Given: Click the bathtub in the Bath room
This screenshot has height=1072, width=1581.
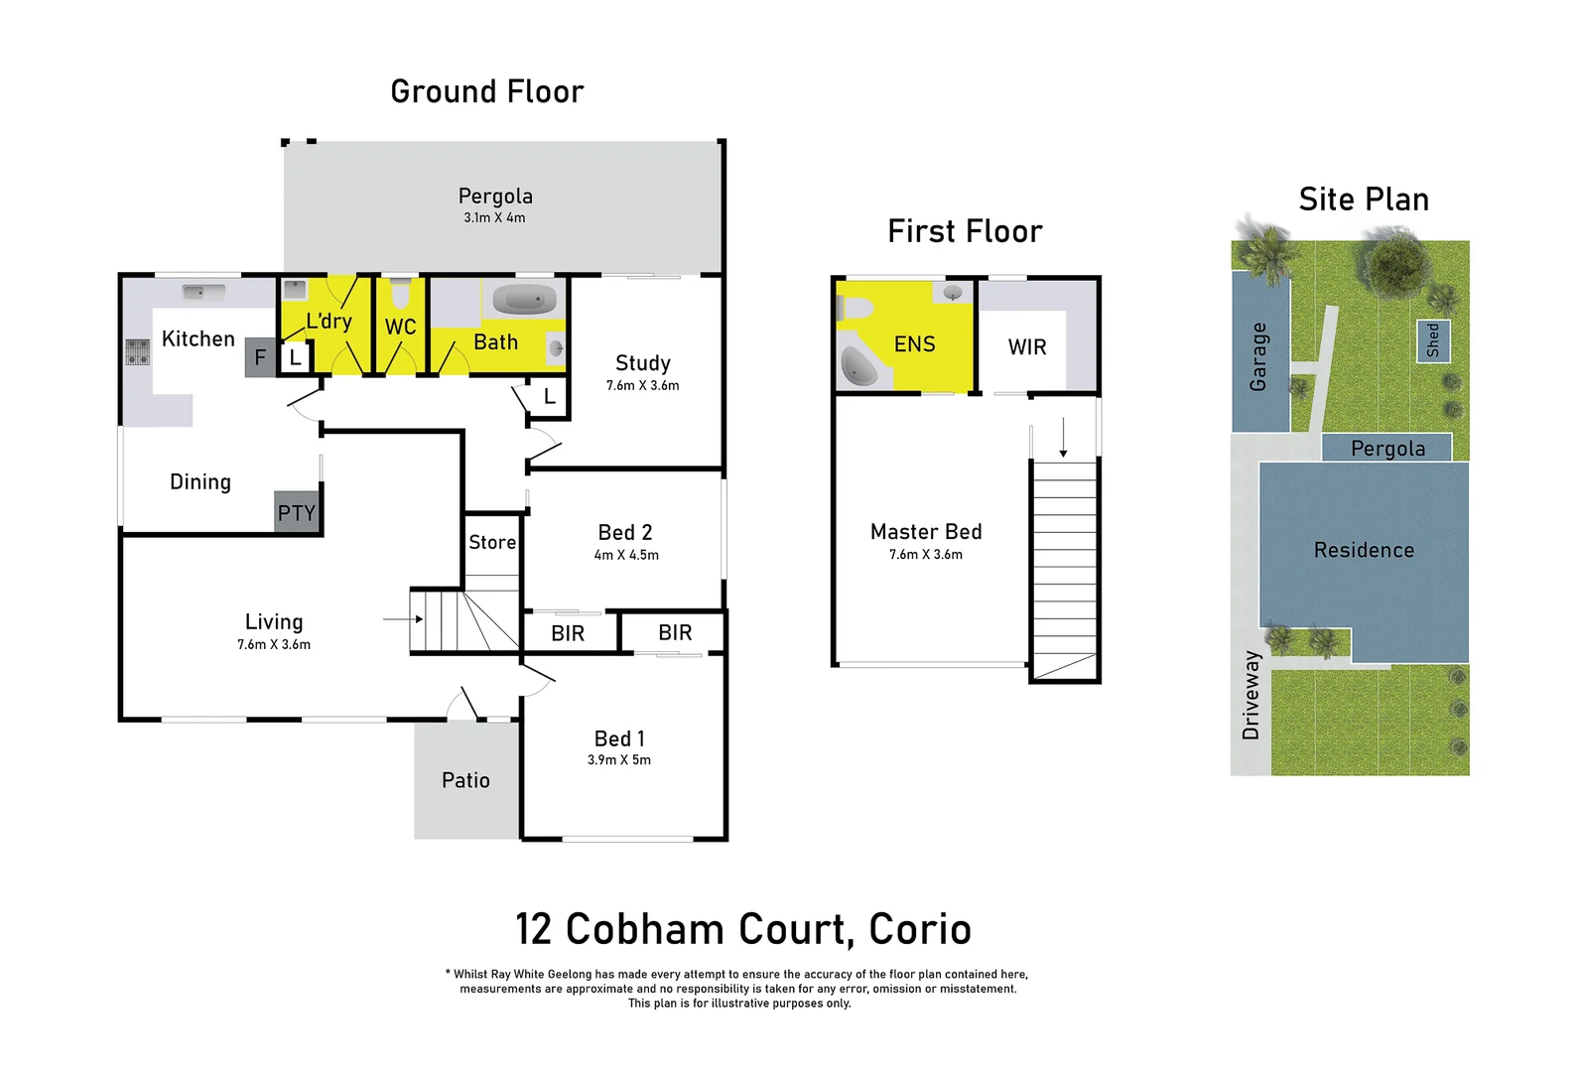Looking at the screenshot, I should [524, 299].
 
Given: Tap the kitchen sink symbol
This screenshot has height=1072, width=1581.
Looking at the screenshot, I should [203, 292].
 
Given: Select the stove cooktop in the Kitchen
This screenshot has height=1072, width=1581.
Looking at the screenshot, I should [137, 351].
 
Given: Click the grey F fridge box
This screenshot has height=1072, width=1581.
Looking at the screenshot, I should [260, 357].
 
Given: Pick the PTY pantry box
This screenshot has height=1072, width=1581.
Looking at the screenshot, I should [297, 512].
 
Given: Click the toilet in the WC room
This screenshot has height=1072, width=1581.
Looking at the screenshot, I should [400, 295].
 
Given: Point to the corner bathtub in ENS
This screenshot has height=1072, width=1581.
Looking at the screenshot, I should [858, 366].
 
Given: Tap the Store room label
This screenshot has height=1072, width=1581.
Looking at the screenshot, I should [492, 542].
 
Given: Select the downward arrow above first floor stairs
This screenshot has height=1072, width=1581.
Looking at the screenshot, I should [1063, 438].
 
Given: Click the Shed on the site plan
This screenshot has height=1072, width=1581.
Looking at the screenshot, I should [1433, 340].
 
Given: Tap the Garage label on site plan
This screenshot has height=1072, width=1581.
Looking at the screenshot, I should [1258, 356].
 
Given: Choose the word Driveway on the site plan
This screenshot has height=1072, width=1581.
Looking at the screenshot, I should [1251, 695].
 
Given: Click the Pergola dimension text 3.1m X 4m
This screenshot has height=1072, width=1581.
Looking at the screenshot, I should [494, 217].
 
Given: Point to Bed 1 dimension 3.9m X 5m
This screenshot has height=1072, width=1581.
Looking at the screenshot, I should [619, 759].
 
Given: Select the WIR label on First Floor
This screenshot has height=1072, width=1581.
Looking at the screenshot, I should [1027, 347].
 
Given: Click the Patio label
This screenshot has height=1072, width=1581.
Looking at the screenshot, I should [465, 780].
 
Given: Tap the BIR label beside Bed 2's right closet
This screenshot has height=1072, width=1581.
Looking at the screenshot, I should [675, 632].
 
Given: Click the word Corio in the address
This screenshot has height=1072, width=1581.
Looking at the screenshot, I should [919, 929].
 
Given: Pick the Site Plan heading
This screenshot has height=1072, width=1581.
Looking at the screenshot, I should [1364, 200].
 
